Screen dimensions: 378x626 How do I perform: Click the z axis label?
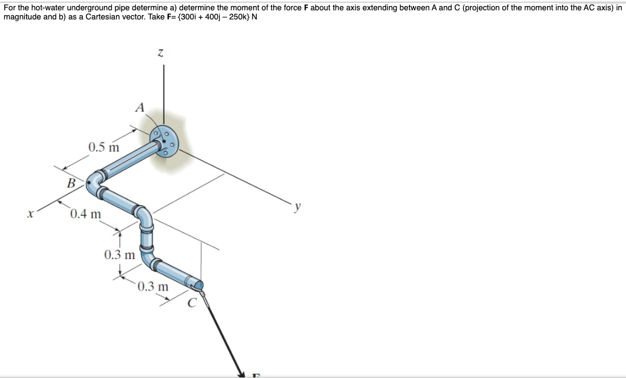(x=160, y=54)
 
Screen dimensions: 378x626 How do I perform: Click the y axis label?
(x=298, y=207)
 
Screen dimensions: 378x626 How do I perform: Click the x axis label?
(x=29, y=214)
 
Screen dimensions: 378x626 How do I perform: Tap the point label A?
(x=140, y=109)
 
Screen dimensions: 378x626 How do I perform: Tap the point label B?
(x=72, y=182)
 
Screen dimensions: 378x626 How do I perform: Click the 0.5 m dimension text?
(x=103, y=147)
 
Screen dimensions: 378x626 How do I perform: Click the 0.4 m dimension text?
(x=86, y=214)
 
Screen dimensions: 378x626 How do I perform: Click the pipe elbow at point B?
(x=94, y=181)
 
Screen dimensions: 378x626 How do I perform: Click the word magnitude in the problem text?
(x=22, y=16)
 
